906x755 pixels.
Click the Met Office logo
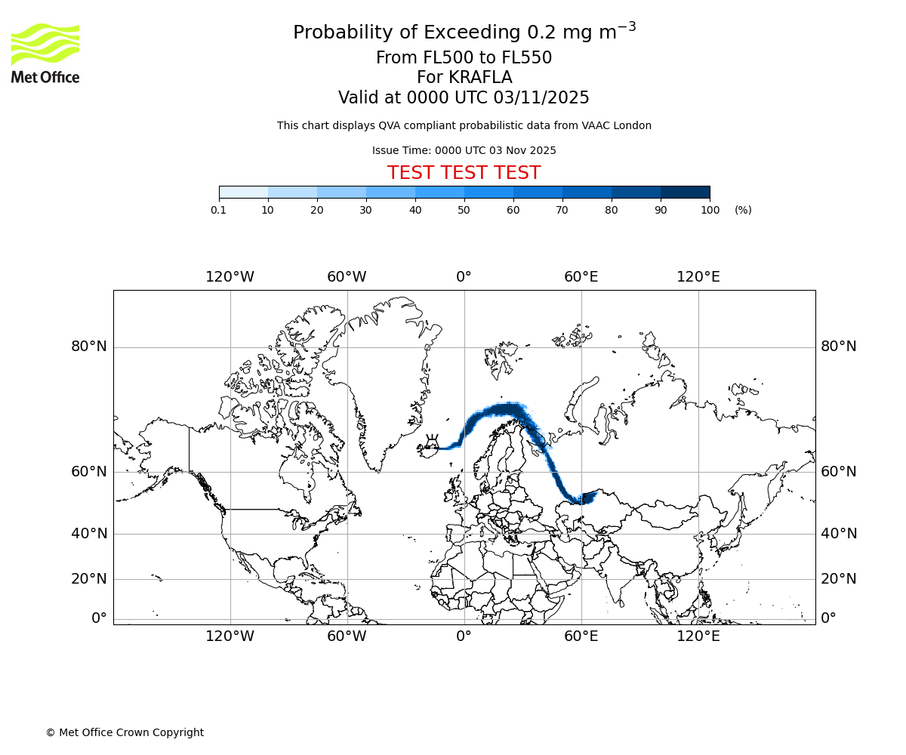point(45,53)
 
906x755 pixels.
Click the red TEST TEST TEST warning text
point(464,173)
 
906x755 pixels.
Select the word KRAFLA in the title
point(480,78)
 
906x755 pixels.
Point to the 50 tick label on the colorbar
point(464,210)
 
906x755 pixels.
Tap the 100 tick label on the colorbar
point(710,210)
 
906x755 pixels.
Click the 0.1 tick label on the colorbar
point(219,210)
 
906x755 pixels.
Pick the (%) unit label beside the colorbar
point(743,210)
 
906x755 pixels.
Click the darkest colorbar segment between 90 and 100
point(685,192)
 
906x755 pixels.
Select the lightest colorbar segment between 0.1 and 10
point(244,192)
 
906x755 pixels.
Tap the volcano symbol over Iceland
point(433,439)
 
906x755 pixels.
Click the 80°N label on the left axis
point(89,347)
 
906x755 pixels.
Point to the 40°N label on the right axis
point(839,534)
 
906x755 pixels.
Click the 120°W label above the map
point(230,277)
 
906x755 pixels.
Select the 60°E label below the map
point(581,636)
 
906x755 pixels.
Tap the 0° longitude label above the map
point(464,277)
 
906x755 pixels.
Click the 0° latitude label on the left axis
point(99,618)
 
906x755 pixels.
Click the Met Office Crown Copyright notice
point(125,732)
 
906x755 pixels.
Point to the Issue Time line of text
point(464,150)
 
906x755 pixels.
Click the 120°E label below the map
point(698,636)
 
